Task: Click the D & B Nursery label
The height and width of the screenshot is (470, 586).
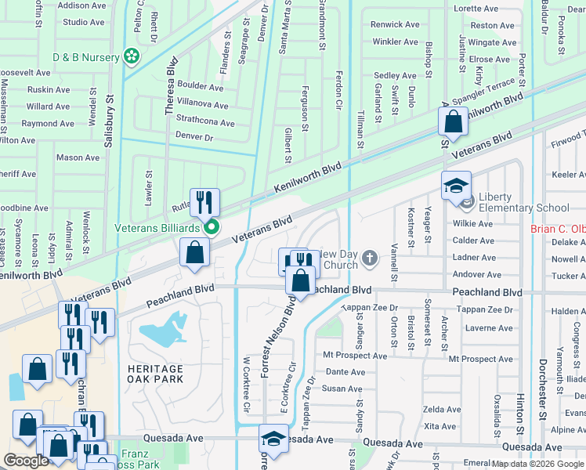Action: click(85, 57)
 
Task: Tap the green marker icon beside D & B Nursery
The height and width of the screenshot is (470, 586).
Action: click(132, 56)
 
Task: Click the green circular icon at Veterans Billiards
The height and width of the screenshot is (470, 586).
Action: click(212, 228)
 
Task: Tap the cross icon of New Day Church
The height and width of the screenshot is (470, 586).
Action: click(371, 258)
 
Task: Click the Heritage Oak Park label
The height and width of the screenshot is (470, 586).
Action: click(158, 373)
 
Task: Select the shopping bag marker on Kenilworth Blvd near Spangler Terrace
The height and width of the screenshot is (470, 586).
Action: click(454, 122)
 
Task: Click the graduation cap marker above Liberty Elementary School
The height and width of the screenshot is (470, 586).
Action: click(456, 186)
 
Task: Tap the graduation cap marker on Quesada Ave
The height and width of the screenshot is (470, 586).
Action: click(273, 439)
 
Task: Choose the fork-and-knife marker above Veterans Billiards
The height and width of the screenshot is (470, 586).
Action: click(204, 203)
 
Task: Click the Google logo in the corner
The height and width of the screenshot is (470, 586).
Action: click(26, 461)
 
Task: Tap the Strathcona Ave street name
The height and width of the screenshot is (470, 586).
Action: click(205, 123)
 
